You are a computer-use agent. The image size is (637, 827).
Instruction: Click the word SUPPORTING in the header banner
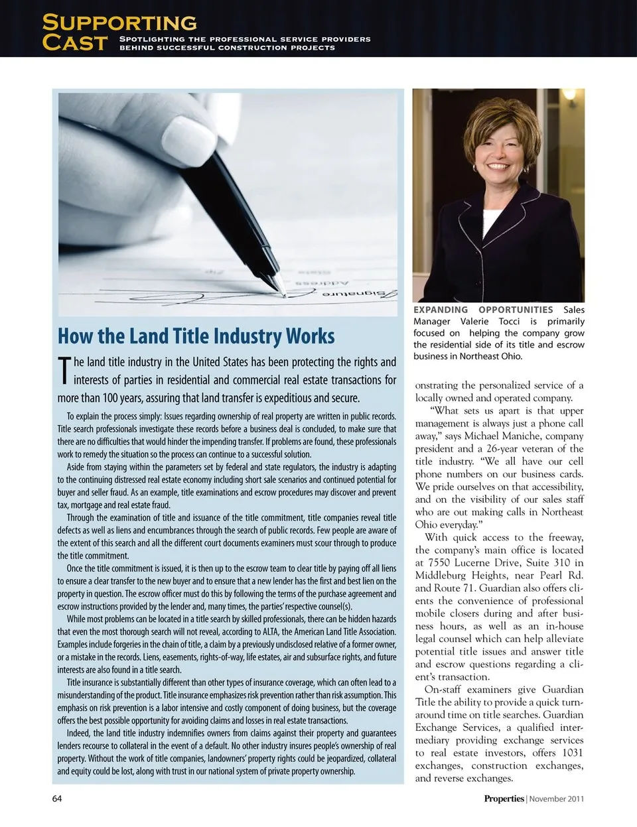click(119, 23)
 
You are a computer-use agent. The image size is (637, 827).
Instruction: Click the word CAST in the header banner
click(74, 43)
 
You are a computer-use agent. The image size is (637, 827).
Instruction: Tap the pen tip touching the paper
click(283, 292)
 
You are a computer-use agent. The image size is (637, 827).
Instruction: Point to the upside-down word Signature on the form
click(361, 293)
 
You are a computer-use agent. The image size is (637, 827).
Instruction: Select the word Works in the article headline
click(310, 336)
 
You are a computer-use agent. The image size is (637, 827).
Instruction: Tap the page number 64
click(57, 798)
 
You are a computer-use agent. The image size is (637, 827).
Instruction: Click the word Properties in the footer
click(504, 798)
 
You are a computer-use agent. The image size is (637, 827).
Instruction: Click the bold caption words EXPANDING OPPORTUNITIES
click(483, 310)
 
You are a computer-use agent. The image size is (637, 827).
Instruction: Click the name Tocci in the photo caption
click(509, 321)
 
